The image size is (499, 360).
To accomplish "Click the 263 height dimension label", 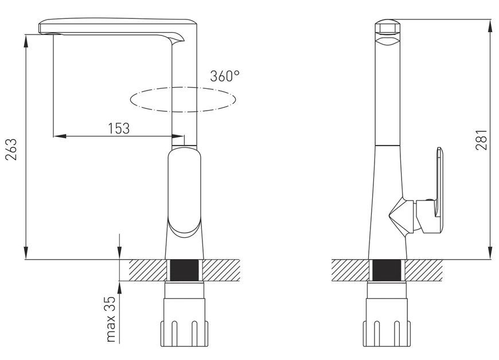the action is pyautogui.click(x=11, y=149).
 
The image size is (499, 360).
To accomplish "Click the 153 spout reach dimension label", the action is pyautogui.click(x=119, y=128).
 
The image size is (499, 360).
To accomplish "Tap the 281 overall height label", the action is pyautogui.click(x=481, y=139).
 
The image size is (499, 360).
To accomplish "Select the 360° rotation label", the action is pyautogui.click(x=224, y=76).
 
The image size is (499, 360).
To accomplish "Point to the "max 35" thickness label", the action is pyautogui.click(x=111, y=319).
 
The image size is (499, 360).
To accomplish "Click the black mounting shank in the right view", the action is pyautogui.click(x=387, y=270).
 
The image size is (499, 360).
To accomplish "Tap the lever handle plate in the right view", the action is pyautogui.click(x=439, y=185).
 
